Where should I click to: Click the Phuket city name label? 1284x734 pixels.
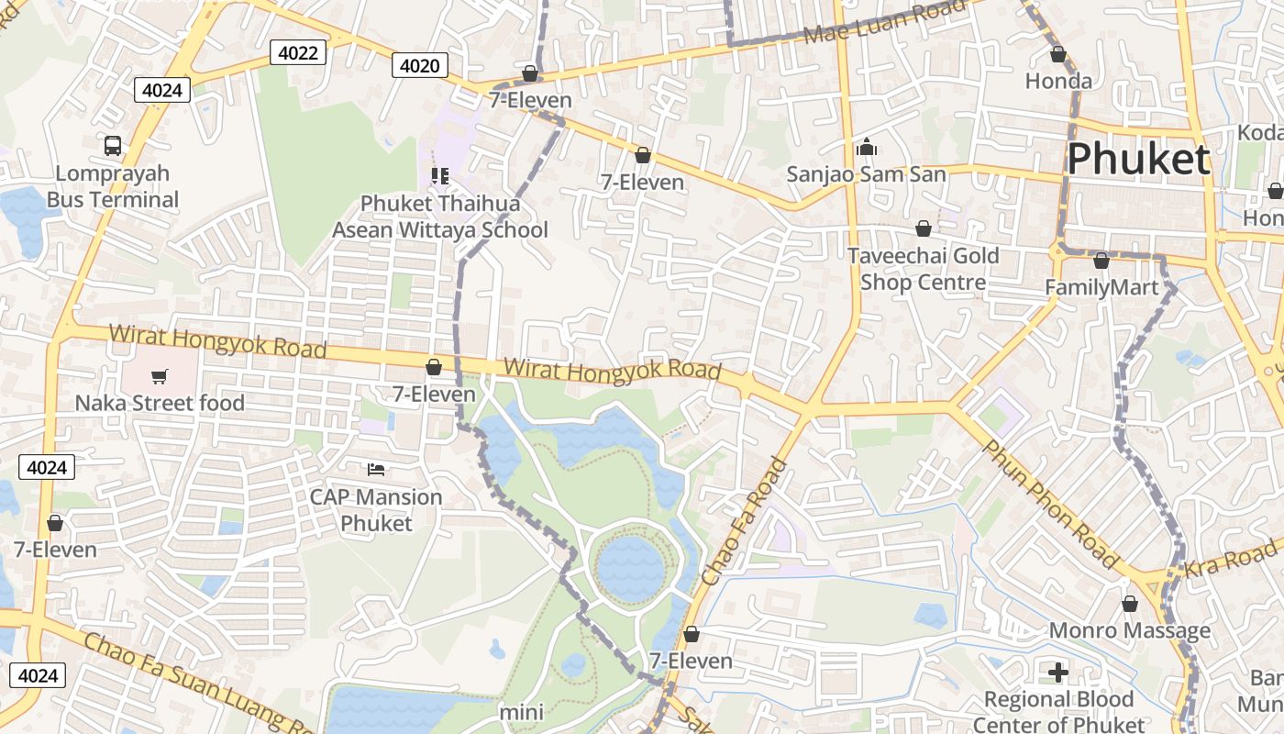pos(1138,160)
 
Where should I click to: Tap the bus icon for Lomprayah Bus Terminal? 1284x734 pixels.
pos(113,145)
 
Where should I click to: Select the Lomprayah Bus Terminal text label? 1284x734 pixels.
pos(113,186)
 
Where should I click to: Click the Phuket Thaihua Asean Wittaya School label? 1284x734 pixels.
pos(440,217)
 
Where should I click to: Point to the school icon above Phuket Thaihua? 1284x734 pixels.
pos(440,175)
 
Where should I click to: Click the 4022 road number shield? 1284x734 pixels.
pos(298,53)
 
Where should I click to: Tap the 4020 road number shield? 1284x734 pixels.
pos(421,65)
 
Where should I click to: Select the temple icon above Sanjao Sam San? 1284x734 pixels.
pos(867,147)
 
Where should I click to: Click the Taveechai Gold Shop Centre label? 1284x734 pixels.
pos(923,269)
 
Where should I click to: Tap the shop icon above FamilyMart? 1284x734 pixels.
pos(1101,261)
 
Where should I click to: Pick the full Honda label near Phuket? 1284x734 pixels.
pos(1058,81)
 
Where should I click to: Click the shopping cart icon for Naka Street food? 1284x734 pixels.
pos(160,376)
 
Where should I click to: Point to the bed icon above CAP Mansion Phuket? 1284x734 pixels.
pos(376,470)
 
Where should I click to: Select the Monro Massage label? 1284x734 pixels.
pos(1129,630)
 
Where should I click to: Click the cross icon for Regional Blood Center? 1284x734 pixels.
pos(1058,673)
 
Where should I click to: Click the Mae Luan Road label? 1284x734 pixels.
pos(884,23)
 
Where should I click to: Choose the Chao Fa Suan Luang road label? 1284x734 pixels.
pos(197,681)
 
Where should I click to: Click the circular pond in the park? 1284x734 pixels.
pos(630,569)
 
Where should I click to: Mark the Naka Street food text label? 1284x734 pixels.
pos(160,403)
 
